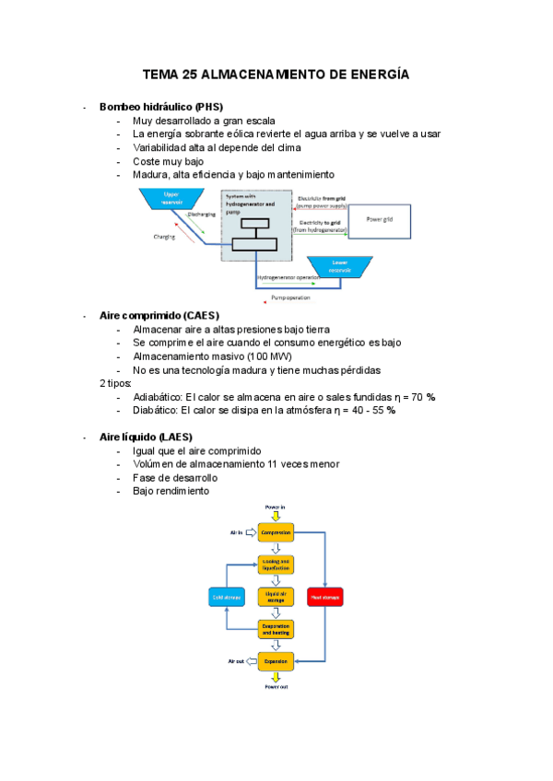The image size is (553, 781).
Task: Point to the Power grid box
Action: (x=379, y=219)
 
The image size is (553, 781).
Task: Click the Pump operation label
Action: (x=290, y=297)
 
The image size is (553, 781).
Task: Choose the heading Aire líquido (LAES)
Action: (x=146, y=437)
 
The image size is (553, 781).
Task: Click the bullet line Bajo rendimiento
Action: (x=171, y=491)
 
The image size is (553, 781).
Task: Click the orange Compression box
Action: (x=276, y=533)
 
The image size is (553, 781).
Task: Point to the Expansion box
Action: (x=276, y=661)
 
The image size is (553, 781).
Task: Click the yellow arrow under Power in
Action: (x=276, y=516)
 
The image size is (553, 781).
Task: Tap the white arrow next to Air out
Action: (x=249, y=661)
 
